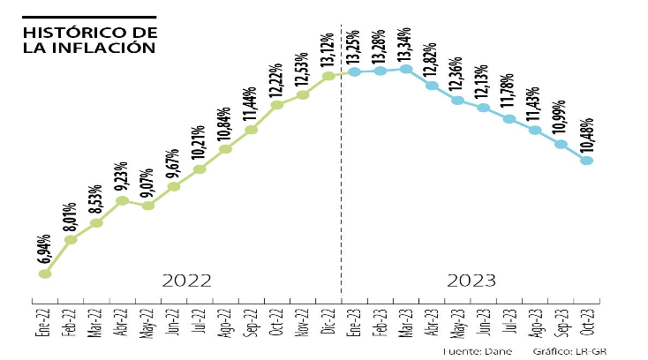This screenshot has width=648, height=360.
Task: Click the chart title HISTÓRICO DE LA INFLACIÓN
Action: [90, 39]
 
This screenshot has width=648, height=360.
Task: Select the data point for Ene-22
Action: [45, 274]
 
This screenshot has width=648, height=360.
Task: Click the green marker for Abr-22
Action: [123, 201]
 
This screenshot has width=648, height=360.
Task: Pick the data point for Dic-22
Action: [328, 76]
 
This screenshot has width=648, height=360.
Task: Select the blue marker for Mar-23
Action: [406, 69]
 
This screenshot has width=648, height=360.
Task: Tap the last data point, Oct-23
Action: [585, 161]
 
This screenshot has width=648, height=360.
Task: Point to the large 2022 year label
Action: [187, 281]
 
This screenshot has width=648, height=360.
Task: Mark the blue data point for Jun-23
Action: [483, 108]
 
